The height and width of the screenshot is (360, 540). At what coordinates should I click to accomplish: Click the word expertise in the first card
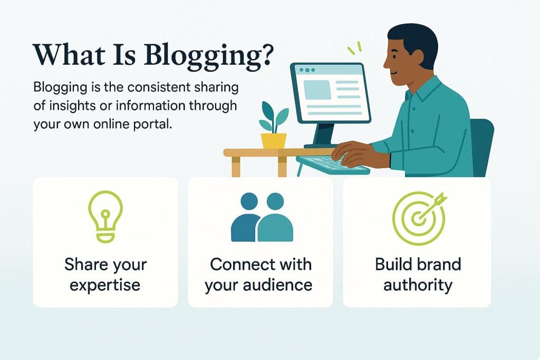pos(105,285)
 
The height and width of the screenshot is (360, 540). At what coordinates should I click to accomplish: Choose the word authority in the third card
pos(418,285)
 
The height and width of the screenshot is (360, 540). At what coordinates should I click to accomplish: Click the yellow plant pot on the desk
pos(274,140)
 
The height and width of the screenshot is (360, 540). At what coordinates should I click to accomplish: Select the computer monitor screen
pos(330,93)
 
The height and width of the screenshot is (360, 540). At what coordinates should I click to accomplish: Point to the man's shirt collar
pos(417,90)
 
